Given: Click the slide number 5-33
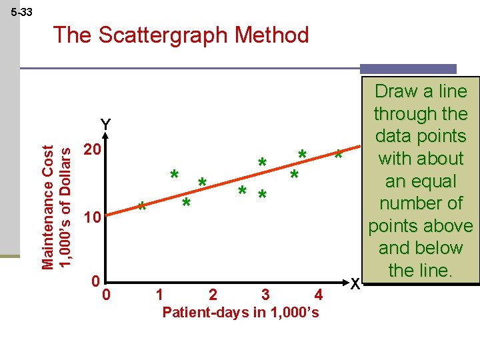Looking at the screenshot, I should click(22, 13).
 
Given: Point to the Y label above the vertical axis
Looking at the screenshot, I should click(105, 125).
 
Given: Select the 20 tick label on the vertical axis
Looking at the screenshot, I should click(90, 151).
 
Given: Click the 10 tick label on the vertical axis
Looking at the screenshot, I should click(90, 218).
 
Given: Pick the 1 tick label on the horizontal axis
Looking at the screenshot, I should click(158, 294).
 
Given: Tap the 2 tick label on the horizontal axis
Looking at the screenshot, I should click(212, 294).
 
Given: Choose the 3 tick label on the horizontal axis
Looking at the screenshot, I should click(265, 294).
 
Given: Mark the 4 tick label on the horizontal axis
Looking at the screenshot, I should click(319, 294).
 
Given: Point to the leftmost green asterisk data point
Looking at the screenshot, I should click(141, 207).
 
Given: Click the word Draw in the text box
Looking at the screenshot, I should click(397, 91).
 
